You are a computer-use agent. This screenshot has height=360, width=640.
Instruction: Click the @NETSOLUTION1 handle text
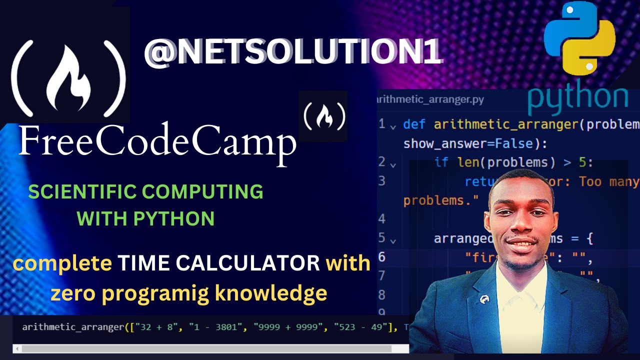(293, 52)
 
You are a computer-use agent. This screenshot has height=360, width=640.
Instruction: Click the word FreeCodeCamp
(157, 142)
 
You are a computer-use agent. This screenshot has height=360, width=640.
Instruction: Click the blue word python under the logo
(577, 98)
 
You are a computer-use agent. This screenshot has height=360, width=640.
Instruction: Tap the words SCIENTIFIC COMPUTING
(145, 192)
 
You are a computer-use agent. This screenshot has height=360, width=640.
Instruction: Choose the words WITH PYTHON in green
(146, 218)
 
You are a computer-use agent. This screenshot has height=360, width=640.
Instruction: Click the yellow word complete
(62, 263)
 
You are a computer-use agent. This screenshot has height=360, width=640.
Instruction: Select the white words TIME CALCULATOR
(219, 263)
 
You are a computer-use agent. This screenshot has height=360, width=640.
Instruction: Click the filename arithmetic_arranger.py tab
(431, 99)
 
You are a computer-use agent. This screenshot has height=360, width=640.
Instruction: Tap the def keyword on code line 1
(415, 124)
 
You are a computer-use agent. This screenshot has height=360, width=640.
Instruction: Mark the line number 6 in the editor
(382, 256)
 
